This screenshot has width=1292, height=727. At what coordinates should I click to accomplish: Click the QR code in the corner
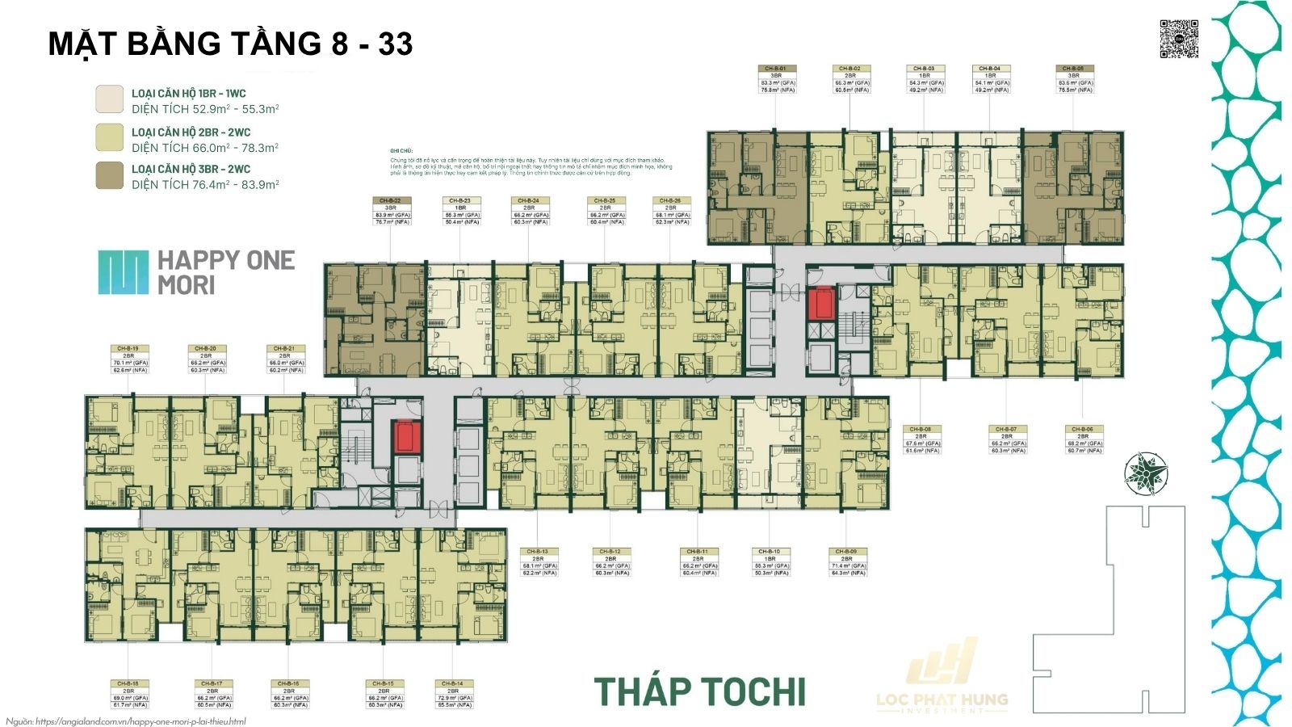(x=1179, y=39)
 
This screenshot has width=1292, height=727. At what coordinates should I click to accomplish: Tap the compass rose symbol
(x=1146, y=473)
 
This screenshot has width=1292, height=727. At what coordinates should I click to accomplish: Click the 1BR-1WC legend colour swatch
(x=110, y=99)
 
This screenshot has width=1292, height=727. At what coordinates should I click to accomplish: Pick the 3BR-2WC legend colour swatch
(x=110, y=175)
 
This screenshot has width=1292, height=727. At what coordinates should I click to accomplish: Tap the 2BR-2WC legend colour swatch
(x=110, y=137)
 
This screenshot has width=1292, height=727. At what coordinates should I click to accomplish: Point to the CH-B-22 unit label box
(x=392, y=211)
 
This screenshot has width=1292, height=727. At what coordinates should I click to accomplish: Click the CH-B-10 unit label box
(x=770, y=562)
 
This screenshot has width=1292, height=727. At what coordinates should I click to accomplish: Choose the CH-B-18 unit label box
(x=129, y=695)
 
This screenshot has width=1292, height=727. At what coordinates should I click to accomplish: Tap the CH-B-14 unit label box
(x=454, y=695)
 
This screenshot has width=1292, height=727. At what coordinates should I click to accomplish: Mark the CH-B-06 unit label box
(x=1083, y=439)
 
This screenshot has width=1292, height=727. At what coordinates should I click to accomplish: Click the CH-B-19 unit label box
(x=129, y=359)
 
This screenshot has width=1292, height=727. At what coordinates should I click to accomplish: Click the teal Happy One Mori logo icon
(x=124, y=272)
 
